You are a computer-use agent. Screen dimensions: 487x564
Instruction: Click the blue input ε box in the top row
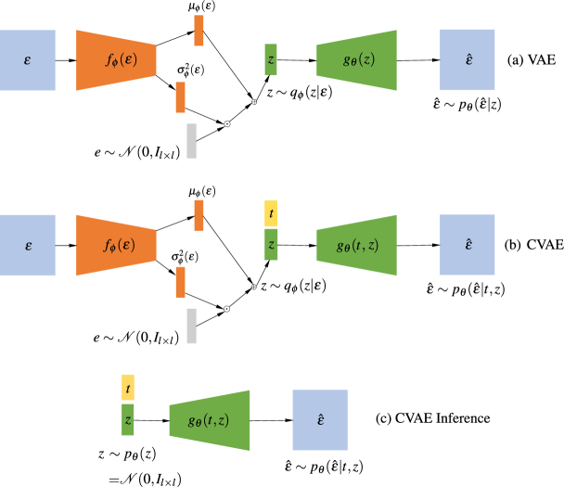[x=28, y=60]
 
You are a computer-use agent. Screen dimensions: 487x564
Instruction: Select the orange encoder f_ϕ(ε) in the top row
[x=116, y=60]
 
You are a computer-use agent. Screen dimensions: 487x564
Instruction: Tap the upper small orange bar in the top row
[x=199, y=31]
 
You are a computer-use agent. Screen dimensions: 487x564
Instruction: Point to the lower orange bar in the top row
[x=180, y=97]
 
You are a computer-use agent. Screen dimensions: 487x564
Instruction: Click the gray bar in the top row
[x=191, y=141]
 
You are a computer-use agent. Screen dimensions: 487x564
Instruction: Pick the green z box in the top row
[x=271, y=60]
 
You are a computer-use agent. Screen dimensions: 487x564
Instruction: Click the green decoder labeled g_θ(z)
[x=357, y=60]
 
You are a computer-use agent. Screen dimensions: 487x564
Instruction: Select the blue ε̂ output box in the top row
[x=468, y=60]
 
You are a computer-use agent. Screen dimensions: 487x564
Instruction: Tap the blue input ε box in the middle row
[x=28, y=245]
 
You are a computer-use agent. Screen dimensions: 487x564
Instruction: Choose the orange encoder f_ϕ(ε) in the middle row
[x=116, y=245]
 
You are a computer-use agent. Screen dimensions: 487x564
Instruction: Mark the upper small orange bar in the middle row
[x=199, y=215]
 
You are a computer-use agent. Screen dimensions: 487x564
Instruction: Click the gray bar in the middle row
[x=191, y=326]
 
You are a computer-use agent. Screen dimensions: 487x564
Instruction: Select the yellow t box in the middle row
[x=271, y=213]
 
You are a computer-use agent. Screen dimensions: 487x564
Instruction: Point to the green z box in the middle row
[x=271, y=245]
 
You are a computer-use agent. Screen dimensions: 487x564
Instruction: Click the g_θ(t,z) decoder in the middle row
[x=357, y=245]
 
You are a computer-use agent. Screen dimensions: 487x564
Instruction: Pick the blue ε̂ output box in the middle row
[x=468, y=245]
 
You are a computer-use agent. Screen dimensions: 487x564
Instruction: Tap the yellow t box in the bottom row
[x=128, y=388]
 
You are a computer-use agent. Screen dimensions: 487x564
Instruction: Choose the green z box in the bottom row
[x=128, y=419]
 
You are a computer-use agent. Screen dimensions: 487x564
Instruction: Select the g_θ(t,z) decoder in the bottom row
[x=210, y=420]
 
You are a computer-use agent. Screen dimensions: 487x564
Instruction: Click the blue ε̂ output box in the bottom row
[x=320, y=420]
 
